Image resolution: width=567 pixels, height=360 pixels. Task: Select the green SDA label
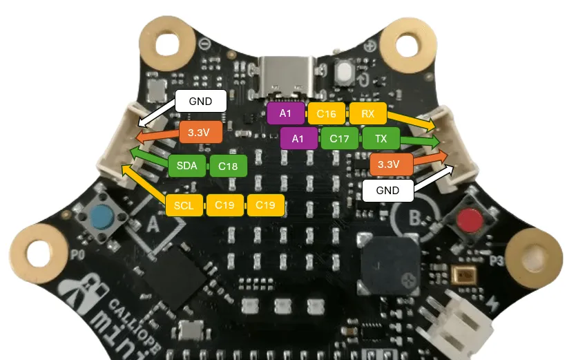tap(186, 167)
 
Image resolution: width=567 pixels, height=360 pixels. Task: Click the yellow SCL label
tap(184, 205)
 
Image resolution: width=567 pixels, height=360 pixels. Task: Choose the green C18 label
tap(228, 167)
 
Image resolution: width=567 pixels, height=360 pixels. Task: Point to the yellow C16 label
tap(326, 113)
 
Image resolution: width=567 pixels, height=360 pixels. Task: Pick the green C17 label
tap(339, 139)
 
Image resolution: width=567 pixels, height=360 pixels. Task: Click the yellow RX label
tap(367, 113)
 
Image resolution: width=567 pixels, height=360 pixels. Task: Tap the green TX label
tap(381, 139)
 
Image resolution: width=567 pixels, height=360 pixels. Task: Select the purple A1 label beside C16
tap(285, 113)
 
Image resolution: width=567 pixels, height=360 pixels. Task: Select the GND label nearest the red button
tap(387, 190)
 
